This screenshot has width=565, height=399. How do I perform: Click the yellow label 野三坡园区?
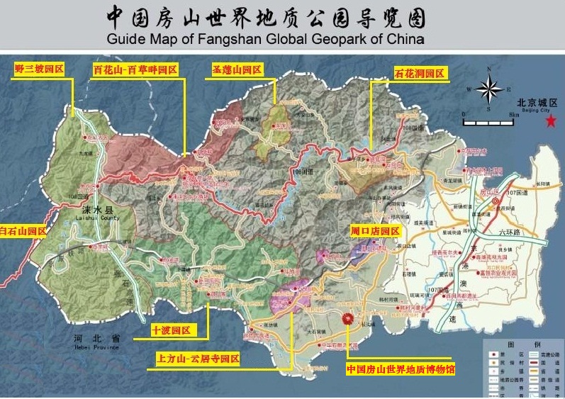(x=40, y=69)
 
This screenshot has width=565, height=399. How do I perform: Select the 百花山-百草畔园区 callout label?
(x=135, y=69)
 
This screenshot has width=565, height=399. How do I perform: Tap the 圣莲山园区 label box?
(x=237, y=69)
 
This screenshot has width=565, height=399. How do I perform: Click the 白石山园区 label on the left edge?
(x=23, y=231)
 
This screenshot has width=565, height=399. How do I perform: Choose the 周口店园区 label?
(x=375, y=231)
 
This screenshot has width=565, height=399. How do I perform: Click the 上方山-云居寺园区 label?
(x=198, y=359)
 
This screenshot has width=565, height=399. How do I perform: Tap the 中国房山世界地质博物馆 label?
(x=400, y=369)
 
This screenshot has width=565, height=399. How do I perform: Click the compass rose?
(x=488, y=89)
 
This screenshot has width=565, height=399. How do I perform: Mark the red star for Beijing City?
(x=550, y=121)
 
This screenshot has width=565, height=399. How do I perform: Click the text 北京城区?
(x=538, y=102)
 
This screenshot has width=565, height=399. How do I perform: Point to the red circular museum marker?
(x=347, y=320)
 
